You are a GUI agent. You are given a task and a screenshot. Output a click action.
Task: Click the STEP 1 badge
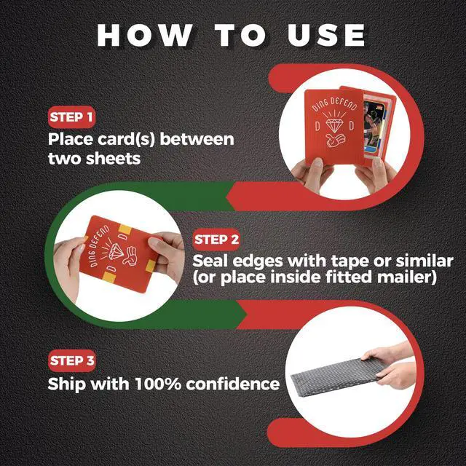71,116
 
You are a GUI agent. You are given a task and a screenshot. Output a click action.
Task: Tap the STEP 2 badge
216,240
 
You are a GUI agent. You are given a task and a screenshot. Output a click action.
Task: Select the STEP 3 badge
72,360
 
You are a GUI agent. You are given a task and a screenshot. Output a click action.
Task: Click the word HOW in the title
144,35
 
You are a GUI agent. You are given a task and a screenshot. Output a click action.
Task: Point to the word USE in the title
326,35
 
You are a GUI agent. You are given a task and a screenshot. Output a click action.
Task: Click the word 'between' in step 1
197,139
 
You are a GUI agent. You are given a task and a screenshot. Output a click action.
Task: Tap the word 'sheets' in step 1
113,159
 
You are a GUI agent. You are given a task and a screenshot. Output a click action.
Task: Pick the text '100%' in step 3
158,384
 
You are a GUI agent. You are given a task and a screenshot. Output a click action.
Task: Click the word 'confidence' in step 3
233,384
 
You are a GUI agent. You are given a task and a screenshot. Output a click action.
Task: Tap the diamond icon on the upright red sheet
335,125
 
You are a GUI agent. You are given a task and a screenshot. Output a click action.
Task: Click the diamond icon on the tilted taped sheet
116,251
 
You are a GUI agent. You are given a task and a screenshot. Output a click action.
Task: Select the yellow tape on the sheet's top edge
125,229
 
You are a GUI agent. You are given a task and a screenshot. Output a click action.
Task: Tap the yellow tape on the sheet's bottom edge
109,277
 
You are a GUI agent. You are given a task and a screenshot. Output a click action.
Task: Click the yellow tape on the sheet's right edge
151,266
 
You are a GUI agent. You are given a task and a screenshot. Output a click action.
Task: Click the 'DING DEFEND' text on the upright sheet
334,104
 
